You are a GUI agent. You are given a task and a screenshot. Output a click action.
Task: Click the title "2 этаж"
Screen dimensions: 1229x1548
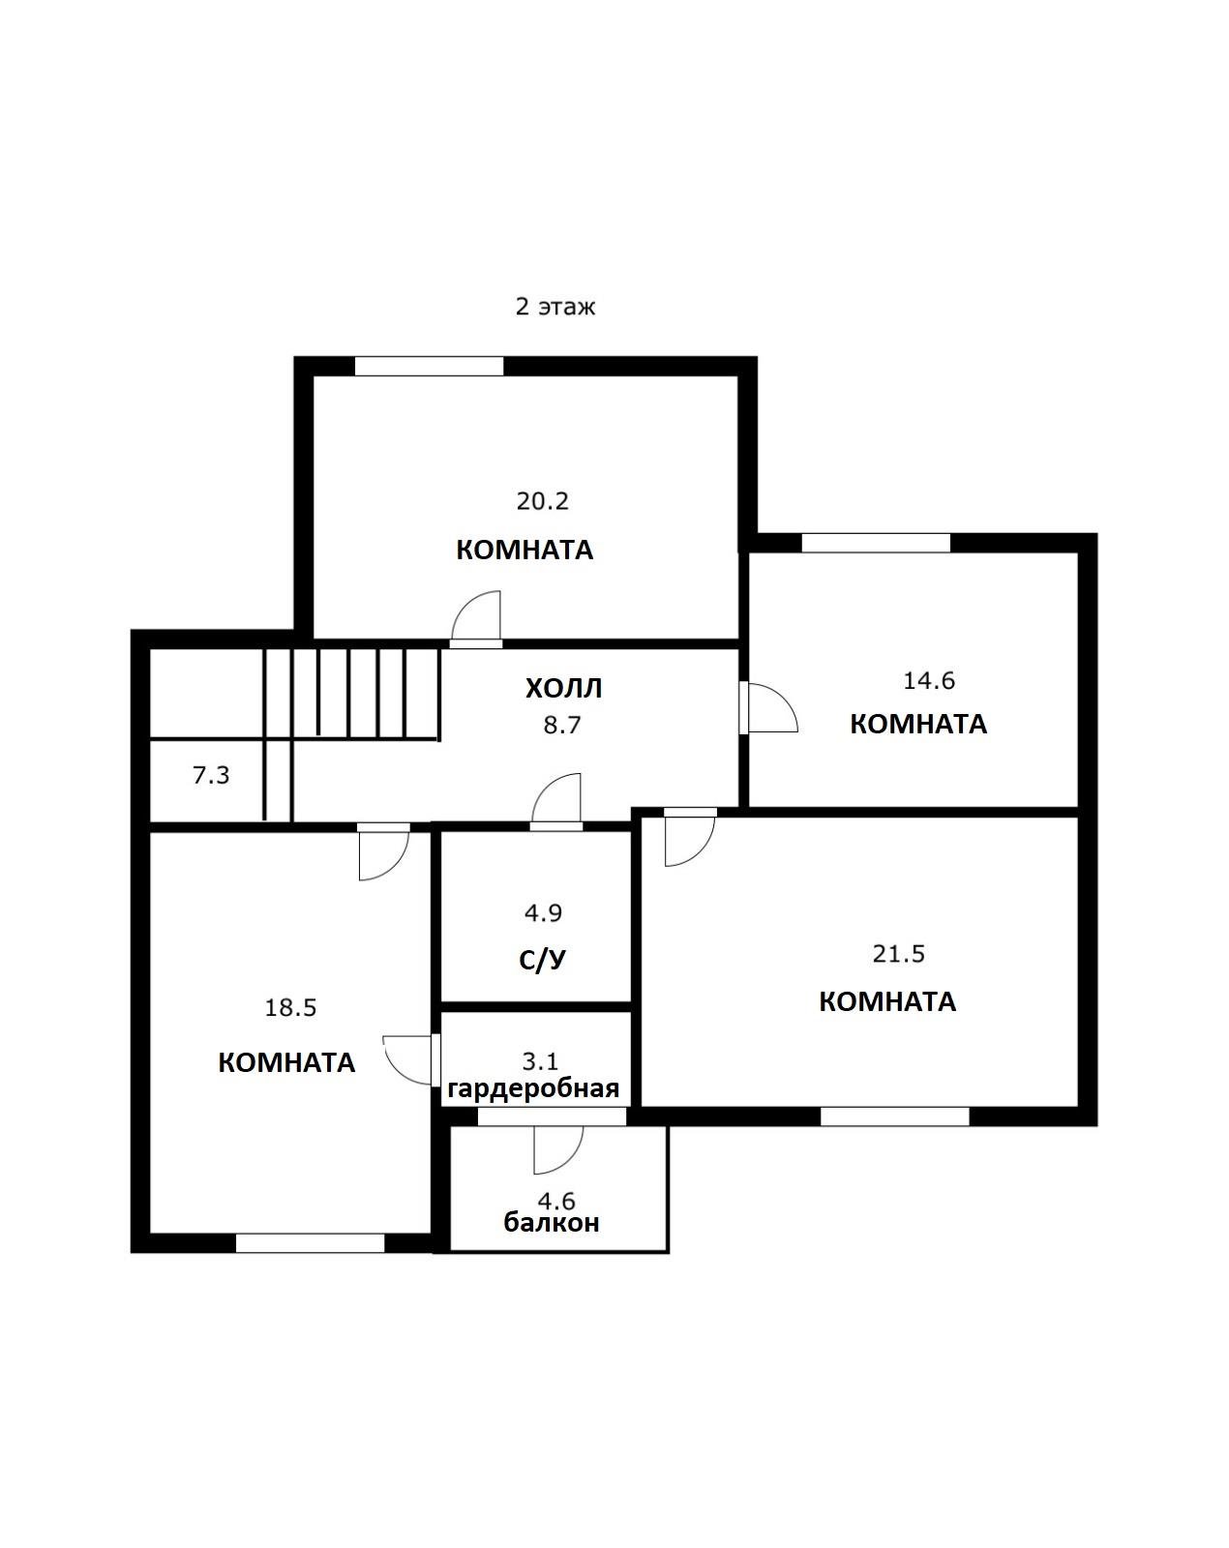pyautogui.click(x=555, y=307)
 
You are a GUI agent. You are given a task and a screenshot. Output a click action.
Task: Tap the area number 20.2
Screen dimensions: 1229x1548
pyautogui.click(x=543, y=500)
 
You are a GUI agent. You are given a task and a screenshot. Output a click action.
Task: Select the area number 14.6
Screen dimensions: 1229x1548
pyautogui.click(x=929, y=680)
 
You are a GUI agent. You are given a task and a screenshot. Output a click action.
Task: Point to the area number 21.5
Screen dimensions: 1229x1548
pyautogui.click(x=899, y=954)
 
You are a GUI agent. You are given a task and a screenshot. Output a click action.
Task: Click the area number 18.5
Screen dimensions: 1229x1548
pyautogui.click(x=290, y=1008)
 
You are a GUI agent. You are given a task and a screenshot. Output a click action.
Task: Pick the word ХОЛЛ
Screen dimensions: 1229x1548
pyautogui.click(x=563, y=689)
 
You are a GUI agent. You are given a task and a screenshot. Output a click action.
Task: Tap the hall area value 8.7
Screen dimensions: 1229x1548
pyautogui.click(x=562, y=725)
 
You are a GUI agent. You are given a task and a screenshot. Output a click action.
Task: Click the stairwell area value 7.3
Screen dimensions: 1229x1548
pyautogui.click(x=211, y=775)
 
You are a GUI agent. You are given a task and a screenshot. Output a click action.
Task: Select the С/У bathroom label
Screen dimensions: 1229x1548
pyautogui.click(x=543, y=960)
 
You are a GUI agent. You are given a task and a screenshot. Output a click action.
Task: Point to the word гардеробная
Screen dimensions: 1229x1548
pyautogui.click(x=533, y=1089)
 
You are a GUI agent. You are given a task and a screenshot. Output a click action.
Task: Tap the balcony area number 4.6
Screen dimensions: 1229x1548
pyautogui.click(x=557, y=1202)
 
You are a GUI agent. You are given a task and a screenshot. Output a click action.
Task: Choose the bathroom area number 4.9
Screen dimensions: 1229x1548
pyautogui.click(x=543, y=912)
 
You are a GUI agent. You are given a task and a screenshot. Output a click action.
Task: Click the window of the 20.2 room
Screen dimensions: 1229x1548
pyautogui.click(x=429, y=366)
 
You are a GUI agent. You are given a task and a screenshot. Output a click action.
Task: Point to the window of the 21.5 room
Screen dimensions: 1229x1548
pyautogui.click(x=894, y=1116)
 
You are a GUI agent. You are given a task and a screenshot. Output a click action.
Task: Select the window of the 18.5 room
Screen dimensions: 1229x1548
pyautogui.click(x=310, y=1243)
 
